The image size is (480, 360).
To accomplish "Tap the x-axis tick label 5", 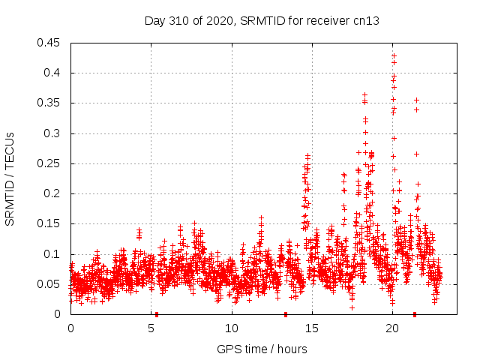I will pos(151,328).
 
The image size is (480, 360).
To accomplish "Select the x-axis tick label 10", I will pos(232,328).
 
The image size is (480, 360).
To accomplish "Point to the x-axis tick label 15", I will pos(312,328).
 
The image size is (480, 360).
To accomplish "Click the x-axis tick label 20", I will pos(392,328).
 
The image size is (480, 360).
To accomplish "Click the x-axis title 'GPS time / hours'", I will pos(262,349).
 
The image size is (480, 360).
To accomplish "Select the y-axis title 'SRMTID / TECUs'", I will pos(10,178).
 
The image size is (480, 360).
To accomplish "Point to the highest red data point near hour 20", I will pos(394,55).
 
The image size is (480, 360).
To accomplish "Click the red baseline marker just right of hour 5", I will pos(157,314).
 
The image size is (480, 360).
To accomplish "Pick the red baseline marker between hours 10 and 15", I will pos(286,314).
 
